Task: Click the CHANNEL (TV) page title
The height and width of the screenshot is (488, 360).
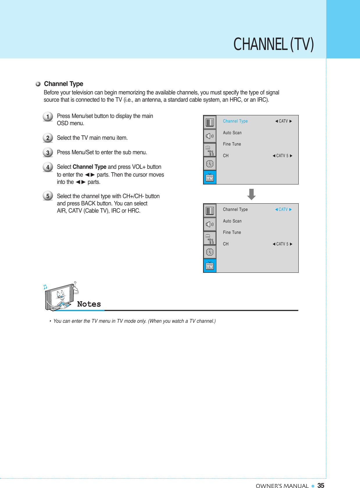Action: click(x=273, y=44)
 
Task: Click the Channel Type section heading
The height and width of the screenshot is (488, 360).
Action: click(x=63, y=84)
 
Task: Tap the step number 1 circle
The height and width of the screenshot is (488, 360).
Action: click(x=48, y=117)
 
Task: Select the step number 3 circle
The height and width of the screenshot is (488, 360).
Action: click(x=48, y=152)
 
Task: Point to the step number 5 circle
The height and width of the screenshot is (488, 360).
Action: click(x=48, y=196)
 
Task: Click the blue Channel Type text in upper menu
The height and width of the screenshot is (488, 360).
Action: click(x=235, y=121)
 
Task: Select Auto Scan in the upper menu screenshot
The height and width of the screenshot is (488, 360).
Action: click(x=232, y=133)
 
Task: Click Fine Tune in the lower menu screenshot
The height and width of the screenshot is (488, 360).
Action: click(x=232, y=232)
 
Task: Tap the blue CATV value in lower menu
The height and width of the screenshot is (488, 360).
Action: click(x=283, y=209)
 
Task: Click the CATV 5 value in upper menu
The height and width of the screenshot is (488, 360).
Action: click(x=282, y=156)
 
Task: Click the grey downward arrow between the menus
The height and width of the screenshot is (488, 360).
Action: click(x=251, y=194)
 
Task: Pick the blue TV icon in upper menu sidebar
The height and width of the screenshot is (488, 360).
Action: click(x=210, y=177)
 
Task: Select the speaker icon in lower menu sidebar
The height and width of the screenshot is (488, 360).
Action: click(x=210, y=224)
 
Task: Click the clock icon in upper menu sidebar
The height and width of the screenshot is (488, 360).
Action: click(x=210, y=164)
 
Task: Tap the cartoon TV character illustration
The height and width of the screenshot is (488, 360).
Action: click(x=60, y=297)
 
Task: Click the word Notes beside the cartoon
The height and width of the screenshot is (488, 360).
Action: click(x=89, y=304)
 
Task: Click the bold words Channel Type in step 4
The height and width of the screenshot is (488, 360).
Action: click(x=89, y=167)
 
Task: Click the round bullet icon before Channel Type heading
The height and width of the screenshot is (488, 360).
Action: click(x=38, y=84)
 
